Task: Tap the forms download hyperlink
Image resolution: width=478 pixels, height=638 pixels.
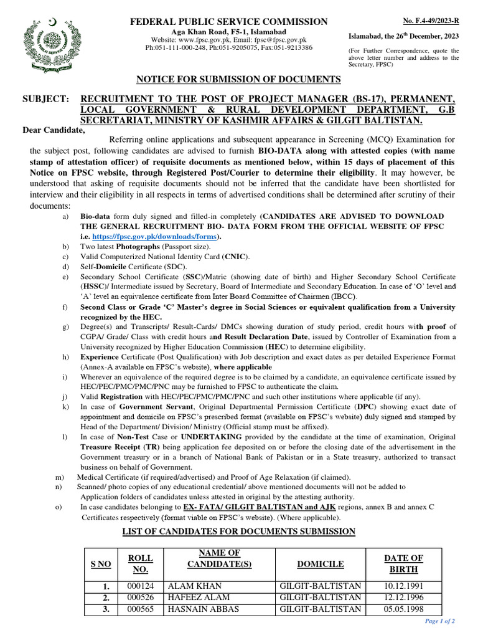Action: [156, 237]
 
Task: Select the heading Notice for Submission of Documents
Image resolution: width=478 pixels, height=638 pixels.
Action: [239, 79]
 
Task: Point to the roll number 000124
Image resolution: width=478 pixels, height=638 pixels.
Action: [141, 586]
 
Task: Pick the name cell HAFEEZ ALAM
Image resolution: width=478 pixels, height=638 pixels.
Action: [195, 597]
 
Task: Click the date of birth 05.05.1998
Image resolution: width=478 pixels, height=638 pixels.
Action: [405, 607]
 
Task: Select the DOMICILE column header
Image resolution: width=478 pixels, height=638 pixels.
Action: [320, 564]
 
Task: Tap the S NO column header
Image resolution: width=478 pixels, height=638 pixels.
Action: [101, 564]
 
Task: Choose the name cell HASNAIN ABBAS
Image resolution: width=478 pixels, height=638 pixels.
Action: [199, 607]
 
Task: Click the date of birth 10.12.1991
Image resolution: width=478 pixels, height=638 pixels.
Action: [405, 586]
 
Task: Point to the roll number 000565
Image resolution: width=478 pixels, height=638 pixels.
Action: [141, 607]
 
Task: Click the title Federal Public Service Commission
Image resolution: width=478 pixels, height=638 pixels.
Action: [228, 22]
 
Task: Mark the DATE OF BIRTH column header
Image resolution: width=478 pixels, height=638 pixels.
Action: [405, 564]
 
